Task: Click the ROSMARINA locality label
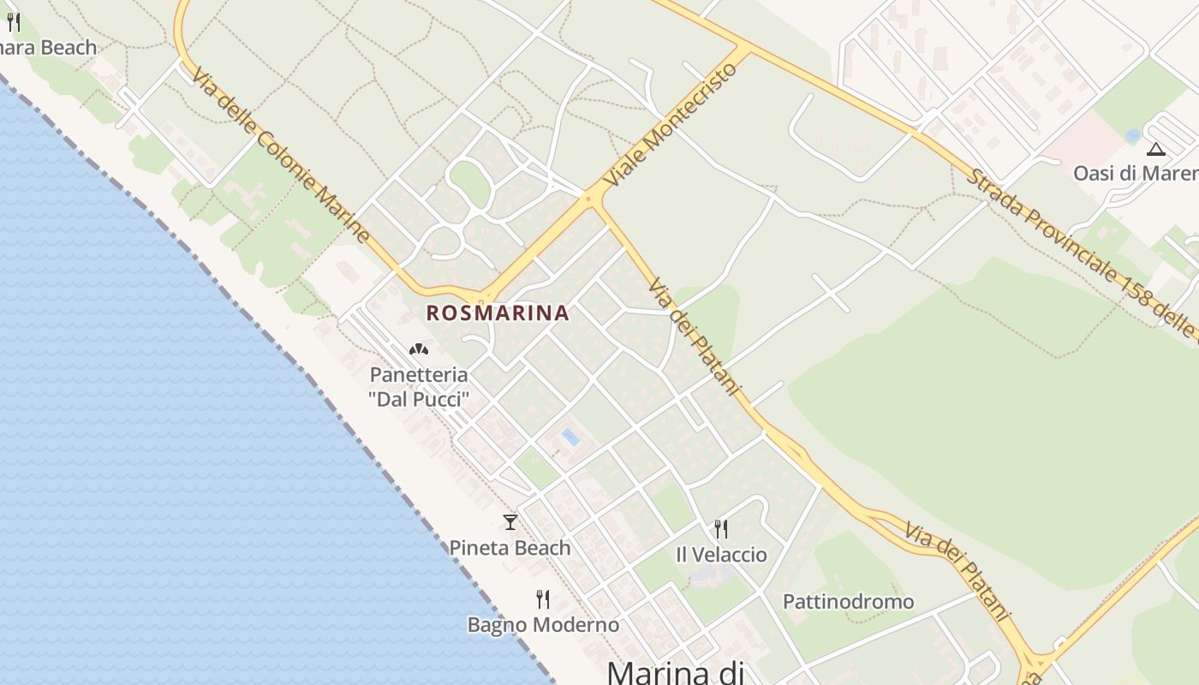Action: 498,313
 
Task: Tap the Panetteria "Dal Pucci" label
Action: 419,387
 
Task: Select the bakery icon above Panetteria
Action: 419,349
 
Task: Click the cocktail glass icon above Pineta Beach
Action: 510,521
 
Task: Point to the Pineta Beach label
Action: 510,548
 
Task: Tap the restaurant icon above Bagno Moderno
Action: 542,599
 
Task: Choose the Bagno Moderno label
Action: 543,625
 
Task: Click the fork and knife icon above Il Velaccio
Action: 721,528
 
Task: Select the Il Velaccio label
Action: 721,555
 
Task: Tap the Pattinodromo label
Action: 849,602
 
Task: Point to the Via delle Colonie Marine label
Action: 281,155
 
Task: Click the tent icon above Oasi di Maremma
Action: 1156,149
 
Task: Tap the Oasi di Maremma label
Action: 1136,173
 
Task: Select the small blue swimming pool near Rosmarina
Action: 570,438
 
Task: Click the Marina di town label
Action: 675,672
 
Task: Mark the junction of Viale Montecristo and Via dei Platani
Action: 589,200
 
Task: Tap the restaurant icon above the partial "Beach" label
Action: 13,21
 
